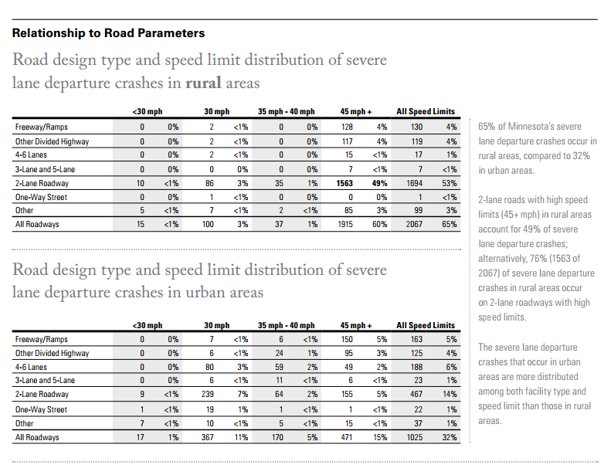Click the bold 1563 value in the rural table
(x=345, y=183)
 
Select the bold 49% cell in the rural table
(x=379, y=183)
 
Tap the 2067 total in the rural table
(x=414, y=224)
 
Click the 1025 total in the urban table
(x=415, y=437)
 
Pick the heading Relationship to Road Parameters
(x=108, y=33)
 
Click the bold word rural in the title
(x=203, y=83)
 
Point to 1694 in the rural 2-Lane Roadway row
(x=414, y=183)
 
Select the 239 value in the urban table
(x=207, y=394)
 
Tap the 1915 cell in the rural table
(x=345, y=224)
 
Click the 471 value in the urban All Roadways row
(x=346, y=437)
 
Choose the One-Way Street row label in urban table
(x=41, y=409)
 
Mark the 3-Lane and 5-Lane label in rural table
(x=46, y=169)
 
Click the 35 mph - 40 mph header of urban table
(x=286, y=325)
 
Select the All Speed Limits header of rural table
(x=426, y=111)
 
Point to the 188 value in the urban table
(x=416, y=367)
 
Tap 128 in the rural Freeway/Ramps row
(x=347, y=127)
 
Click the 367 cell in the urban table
(x=207, y=437)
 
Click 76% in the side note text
(x=538, y=259)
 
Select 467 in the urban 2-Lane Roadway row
(x=416, y=394)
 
